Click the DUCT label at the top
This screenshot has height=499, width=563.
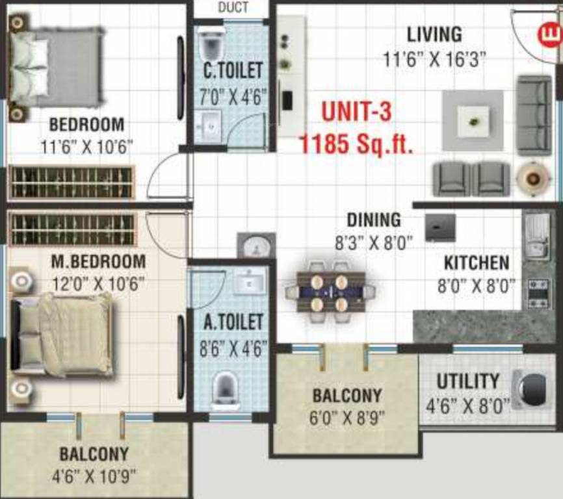(x=233, y=8)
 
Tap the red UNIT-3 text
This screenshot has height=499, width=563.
(x=357, y=112)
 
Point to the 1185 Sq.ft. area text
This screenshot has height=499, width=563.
(x=356, y=142)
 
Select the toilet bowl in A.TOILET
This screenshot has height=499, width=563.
(x=224, y=387)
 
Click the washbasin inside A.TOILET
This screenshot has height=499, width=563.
(x=250, y=281)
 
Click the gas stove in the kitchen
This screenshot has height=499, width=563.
(x=537, y=292)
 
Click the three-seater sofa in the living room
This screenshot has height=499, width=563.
(x=534, y=115)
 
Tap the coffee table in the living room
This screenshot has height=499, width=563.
(x=473, y=121)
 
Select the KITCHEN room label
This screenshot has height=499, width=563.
(x=477, y=263)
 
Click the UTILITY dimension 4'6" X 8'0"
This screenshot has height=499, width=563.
(x=467, y=407)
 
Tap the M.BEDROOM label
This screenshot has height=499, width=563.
(x=99, y=262)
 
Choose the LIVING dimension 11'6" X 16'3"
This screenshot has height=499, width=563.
(x=434, y=60)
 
